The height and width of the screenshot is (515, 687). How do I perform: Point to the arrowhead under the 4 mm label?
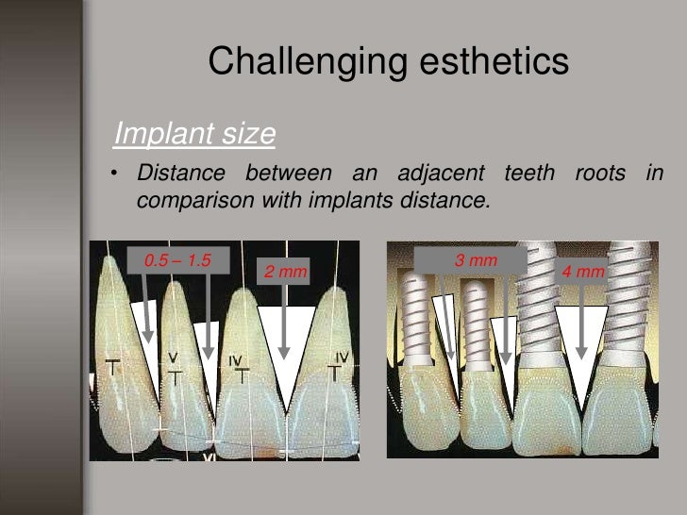582,353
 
